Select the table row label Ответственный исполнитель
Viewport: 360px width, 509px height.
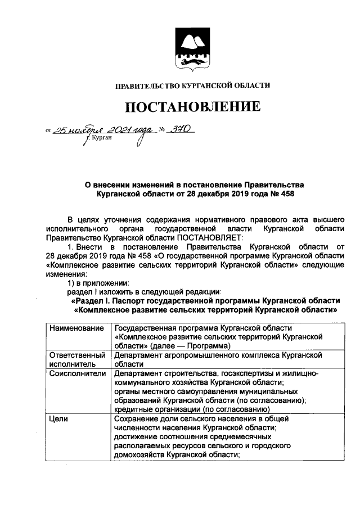coord(77,360)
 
